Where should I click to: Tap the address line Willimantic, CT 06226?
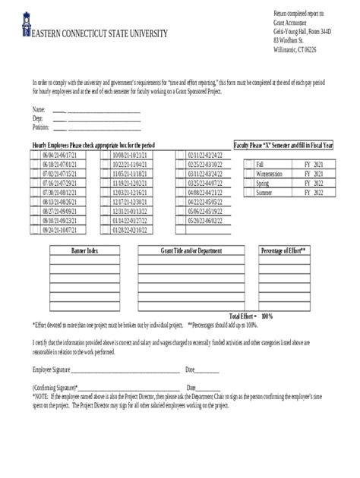click(x=295, y=49)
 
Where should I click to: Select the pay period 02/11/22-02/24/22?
click(x=204, y=155)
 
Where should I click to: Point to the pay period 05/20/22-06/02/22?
click(x=204, y=220)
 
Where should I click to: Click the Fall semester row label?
click(x=261, y=164)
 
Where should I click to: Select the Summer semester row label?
click(x=264, y=193)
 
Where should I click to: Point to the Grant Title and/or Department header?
click(x=191, y=250)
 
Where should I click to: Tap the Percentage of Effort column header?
click(x=283, y=250)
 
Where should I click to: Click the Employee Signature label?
click(x=51, y=370)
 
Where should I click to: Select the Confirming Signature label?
click(x=54, y=387)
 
